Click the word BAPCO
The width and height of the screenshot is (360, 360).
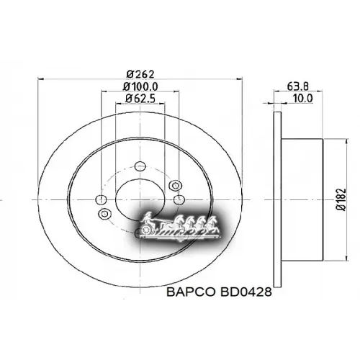coord(188,293)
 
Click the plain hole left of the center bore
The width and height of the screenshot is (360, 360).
coord(102,199)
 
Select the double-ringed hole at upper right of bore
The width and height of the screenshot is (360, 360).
coord(174,186)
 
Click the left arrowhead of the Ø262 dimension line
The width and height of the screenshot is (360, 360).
coord(37,78)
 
